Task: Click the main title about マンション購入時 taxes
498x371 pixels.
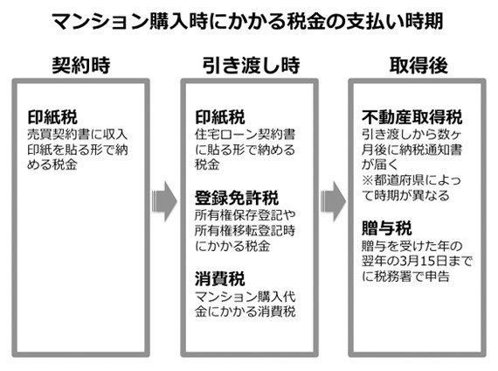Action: click(x=247, y=22)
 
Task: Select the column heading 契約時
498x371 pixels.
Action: click(x=81, y=66)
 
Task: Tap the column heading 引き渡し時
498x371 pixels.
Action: click(x=251, y=66)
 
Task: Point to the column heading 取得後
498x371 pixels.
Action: click(x=418, y=66)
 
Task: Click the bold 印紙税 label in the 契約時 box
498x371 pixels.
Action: click(x=52, y=117)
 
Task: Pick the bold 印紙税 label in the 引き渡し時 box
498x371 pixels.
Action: click(x=220, y=117)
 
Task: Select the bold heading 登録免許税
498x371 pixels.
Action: click(x=237, y=198)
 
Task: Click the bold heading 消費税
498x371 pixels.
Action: click(x=220, y=279)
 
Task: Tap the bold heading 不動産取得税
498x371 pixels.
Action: click(x=412, y=117)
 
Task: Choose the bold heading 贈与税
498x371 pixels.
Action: click(x=387, y=228)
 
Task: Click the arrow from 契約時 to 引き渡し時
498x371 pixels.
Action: click(x=164, y=201)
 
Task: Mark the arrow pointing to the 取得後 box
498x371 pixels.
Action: click(x=333, y=201)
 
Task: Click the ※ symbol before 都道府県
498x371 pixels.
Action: click(x=368, y=180)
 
